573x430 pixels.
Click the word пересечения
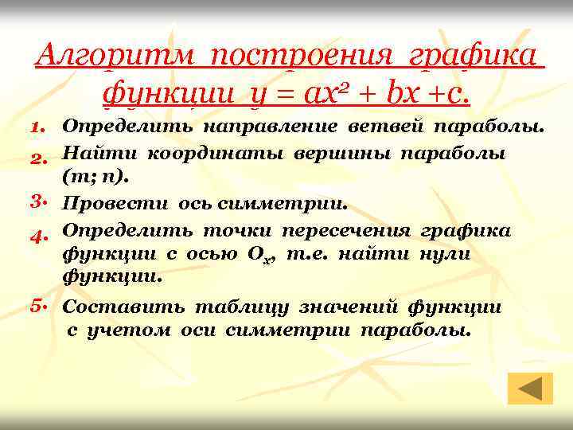344,230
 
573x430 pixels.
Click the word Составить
124,307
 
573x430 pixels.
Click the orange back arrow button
529,388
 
